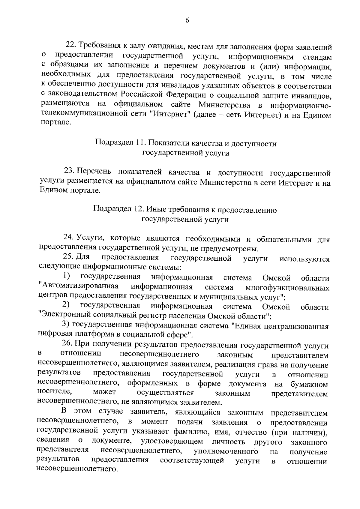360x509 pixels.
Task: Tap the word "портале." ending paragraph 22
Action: coord(56,123)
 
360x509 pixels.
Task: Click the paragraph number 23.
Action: coord(70,172)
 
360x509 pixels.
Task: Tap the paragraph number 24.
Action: coord(69,238)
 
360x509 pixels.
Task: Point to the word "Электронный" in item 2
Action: coord(66,316)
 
